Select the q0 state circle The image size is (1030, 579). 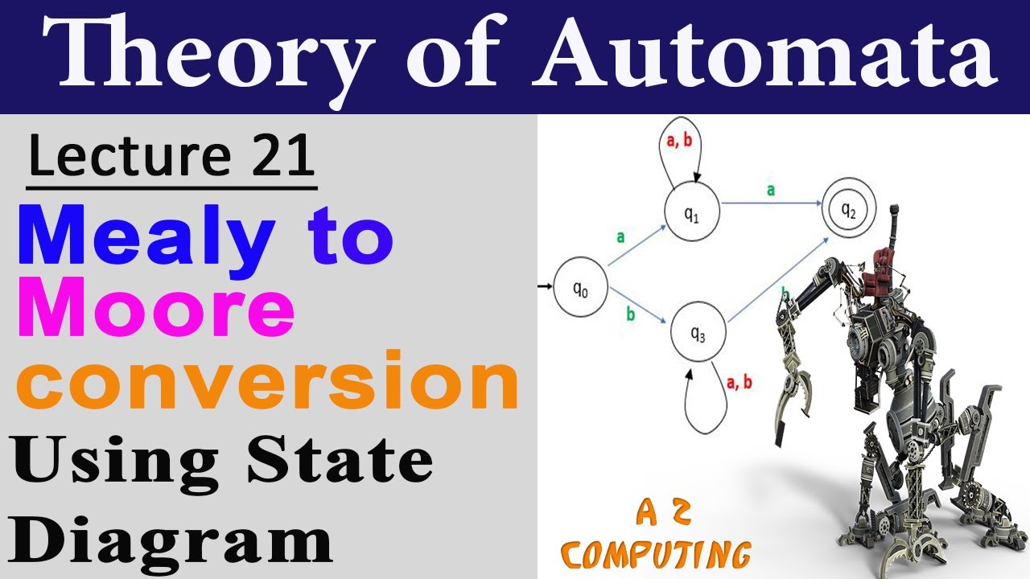579,291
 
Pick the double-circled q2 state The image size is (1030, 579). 848,210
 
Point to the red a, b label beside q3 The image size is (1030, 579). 739,383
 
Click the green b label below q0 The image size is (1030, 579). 630,314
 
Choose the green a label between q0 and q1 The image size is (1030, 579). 620,237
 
